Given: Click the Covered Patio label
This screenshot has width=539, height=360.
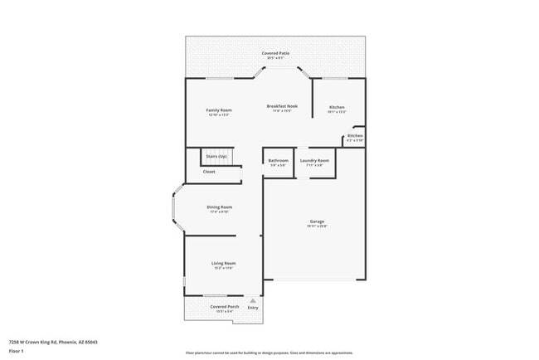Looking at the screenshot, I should (x=275, y=52).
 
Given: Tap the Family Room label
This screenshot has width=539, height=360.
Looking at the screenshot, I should (x=219, y=109).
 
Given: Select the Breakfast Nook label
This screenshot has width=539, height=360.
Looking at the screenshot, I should (x=282, y=106).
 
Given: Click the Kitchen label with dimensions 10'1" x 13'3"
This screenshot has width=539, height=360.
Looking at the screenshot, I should (x=337, y=107).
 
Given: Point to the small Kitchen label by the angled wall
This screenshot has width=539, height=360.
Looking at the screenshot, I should (x=355, y=135).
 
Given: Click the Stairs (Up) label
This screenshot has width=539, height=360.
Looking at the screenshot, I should (x=216, y=155).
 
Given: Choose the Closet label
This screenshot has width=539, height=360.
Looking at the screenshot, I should (x=209, y=172).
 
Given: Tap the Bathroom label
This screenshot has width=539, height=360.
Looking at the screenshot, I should (x=278, y=160).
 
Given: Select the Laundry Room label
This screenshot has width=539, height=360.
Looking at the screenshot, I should (x=314, y=160).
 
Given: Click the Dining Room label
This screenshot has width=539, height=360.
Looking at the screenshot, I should (x=219, y=207).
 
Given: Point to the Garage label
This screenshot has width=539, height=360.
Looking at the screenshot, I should (x=317, y=221).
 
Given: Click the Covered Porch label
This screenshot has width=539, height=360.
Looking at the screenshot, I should (x=224, y=306).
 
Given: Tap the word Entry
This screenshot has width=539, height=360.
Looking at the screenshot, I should (x=253, y=308).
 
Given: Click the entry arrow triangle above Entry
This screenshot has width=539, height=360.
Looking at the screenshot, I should (x=253, y=300).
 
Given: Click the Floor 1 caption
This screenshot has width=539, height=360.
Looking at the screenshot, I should (x=17, y=351).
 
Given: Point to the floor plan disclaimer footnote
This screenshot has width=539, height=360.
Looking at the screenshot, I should (x=269, y=352).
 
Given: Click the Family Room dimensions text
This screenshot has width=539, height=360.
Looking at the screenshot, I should (x=219, y=114).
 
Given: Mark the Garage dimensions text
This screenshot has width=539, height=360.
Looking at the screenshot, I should (x=317, y=226).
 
